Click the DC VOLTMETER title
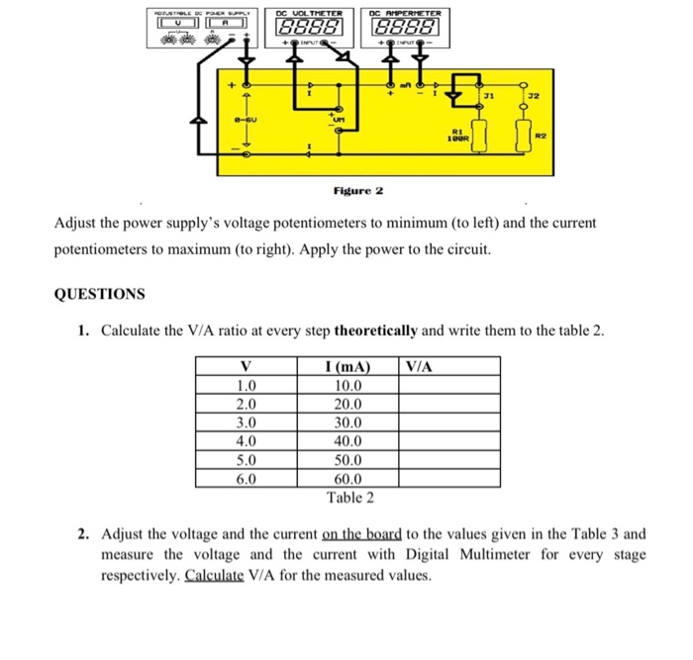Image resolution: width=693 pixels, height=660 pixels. pos(316,13)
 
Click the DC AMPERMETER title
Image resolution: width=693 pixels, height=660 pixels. pos(406,13)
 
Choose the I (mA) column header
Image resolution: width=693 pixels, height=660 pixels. pos(349,367)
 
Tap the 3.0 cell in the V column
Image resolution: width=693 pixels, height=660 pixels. pos(247,423)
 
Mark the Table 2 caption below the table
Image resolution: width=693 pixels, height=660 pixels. pos(349,497)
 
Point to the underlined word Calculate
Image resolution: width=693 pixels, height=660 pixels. pos(215,575)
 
